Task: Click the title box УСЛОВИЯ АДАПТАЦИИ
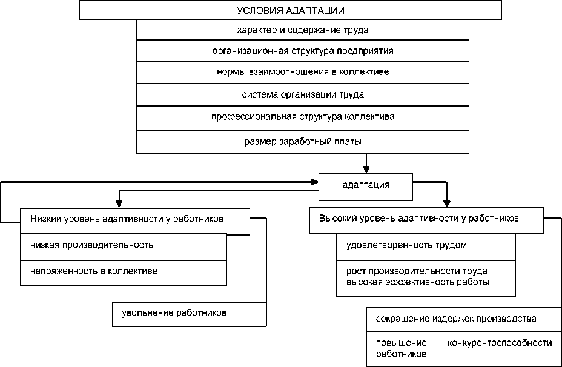click(289, 10)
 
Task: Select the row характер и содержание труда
click(303, 30)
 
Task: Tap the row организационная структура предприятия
click(303, 51)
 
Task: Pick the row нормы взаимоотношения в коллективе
click(303, 72)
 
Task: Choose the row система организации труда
click(303, 94)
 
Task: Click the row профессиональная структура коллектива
click(303, 116)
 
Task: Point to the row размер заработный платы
click(303, 142)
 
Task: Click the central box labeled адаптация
click(366, 185)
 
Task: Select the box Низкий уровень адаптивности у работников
click(127, 219)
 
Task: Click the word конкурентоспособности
click(500, 343)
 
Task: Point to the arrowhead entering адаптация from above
click(366, 170)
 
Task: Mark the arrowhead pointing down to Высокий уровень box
click(447, 203)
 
